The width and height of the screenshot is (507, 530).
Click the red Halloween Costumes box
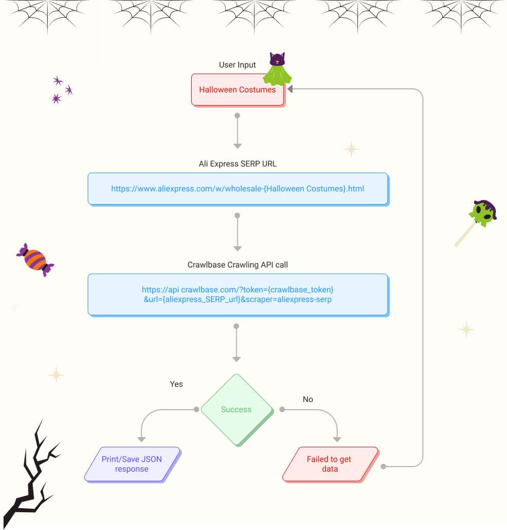pos(237,90)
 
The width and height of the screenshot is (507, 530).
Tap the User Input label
pos(237,64)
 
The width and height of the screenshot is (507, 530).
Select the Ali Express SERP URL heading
pos(237,164)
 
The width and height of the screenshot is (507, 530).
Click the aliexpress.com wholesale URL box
pos(237,188)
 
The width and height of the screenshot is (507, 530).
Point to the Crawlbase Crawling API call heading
pos(237,264)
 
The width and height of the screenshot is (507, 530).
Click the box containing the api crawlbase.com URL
pos(237,294)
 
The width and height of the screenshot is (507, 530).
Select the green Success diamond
pos(236,409)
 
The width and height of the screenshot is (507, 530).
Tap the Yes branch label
pos(176,384)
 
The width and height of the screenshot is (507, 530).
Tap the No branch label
pos(308,399)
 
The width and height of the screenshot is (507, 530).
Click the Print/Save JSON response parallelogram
pos(132,464)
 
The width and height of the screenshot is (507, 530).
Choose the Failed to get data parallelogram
pos(330,464)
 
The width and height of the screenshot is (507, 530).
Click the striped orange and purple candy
pos(35,259)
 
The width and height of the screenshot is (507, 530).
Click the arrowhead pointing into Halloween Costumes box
pos(291,89)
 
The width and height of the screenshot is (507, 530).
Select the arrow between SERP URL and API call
pos(237,232)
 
